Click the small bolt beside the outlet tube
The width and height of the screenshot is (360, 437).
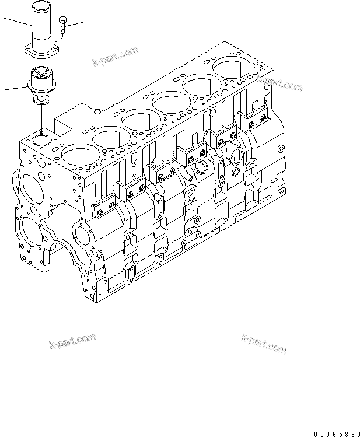(x=62, y=26)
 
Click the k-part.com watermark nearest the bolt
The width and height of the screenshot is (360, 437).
(x=115, y=57)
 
